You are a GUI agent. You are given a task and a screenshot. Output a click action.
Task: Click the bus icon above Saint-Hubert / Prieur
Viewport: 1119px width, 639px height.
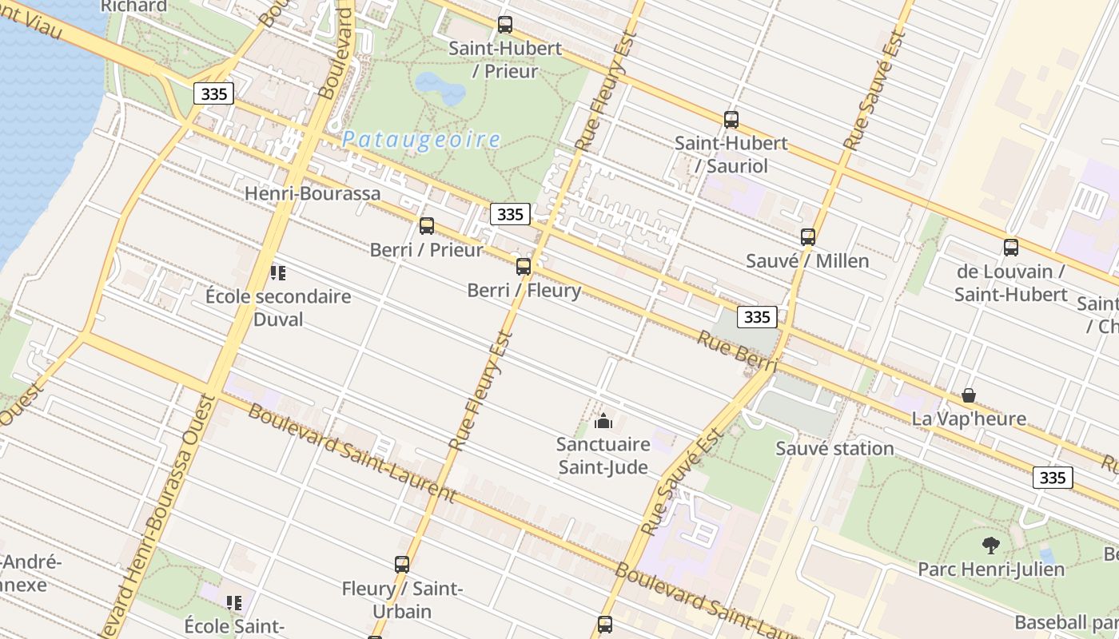pyautogui.click(x=504, y=25)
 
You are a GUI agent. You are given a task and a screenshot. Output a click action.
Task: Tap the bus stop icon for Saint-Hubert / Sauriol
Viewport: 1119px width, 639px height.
pyautogui.click(x=731, y=120)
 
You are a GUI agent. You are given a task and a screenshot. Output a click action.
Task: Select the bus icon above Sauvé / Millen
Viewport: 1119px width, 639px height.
pyautogui.click(x=807, y=237)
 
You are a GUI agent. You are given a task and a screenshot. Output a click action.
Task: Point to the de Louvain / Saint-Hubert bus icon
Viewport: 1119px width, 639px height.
pyautogui.click(x=1010, y=248)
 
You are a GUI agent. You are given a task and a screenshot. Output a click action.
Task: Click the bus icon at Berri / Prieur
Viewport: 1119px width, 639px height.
pyautogui.click(x=426, y=226)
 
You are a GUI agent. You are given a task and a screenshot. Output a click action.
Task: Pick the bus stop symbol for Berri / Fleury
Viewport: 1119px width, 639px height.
pyautogui.click(x=523, y=267)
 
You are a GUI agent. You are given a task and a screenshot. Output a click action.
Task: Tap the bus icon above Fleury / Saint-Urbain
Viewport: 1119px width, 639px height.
pyautogui.click(x=401, y=565)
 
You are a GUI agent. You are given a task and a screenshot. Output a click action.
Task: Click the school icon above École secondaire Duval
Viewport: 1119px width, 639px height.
pyautogui.click(x=277, y=273)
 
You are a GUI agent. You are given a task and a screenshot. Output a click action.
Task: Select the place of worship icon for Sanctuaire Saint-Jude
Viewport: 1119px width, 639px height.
pyautogui.click(x=603, y=421)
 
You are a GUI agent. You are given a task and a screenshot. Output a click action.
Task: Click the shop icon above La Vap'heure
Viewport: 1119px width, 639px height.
pyautogui.click(x=968, y=395)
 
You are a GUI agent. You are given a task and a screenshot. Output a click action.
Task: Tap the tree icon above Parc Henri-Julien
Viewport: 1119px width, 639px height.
pyautogui.click(x=990, y=546)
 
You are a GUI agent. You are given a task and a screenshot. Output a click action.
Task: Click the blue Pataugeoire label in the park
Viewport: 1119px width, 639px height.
pyautogui.click(x=421, y=140)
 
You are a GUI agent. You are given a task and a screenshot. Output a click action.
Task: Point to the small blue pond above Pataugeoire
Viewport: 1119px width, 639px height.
pyautogui.click(x=440, y=88)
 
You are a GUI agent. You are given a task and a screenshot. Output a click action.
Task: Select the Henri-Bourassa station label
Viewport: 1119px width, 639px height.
pyautogui.click(x=313, y=193)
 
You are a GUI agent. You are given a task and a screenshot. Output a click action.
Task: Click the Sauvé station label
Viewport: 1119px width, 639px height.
pyautogui.click(x=834, y=448)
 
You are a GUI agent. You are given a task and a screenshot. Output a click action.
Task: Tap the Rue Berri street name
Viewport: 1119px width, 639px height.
pyautogui.click(x=736, y=351)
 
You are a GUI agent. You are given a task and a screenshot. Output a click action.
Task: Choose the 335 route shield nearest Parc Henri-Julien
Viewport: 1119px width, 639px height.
pyautogui.click(x=1053, y=477)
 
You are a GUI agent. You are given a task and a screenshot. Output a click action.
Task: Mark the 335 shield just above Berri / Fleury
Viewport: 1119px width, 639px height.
pyautogui.click(x=509, y=214)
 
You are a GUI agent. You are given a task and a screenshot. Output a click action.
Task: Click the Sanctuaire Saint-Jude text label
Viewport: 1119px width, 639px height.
pyautogui.click(x=603, y=455)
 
